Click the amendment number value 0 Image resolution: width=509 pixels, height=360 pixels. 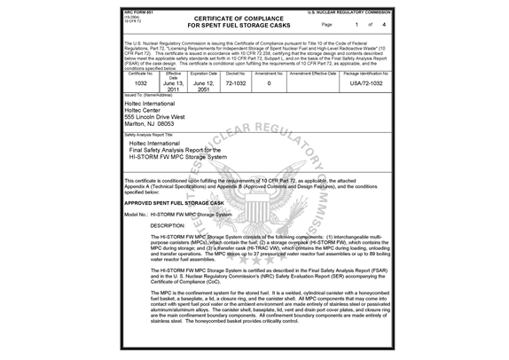point(269,82)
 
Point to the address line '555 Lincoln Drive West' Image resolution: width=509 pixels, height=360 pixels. point(155,116)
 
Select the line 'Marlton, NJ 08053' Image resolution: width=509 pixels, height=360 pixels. point(148,124)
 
